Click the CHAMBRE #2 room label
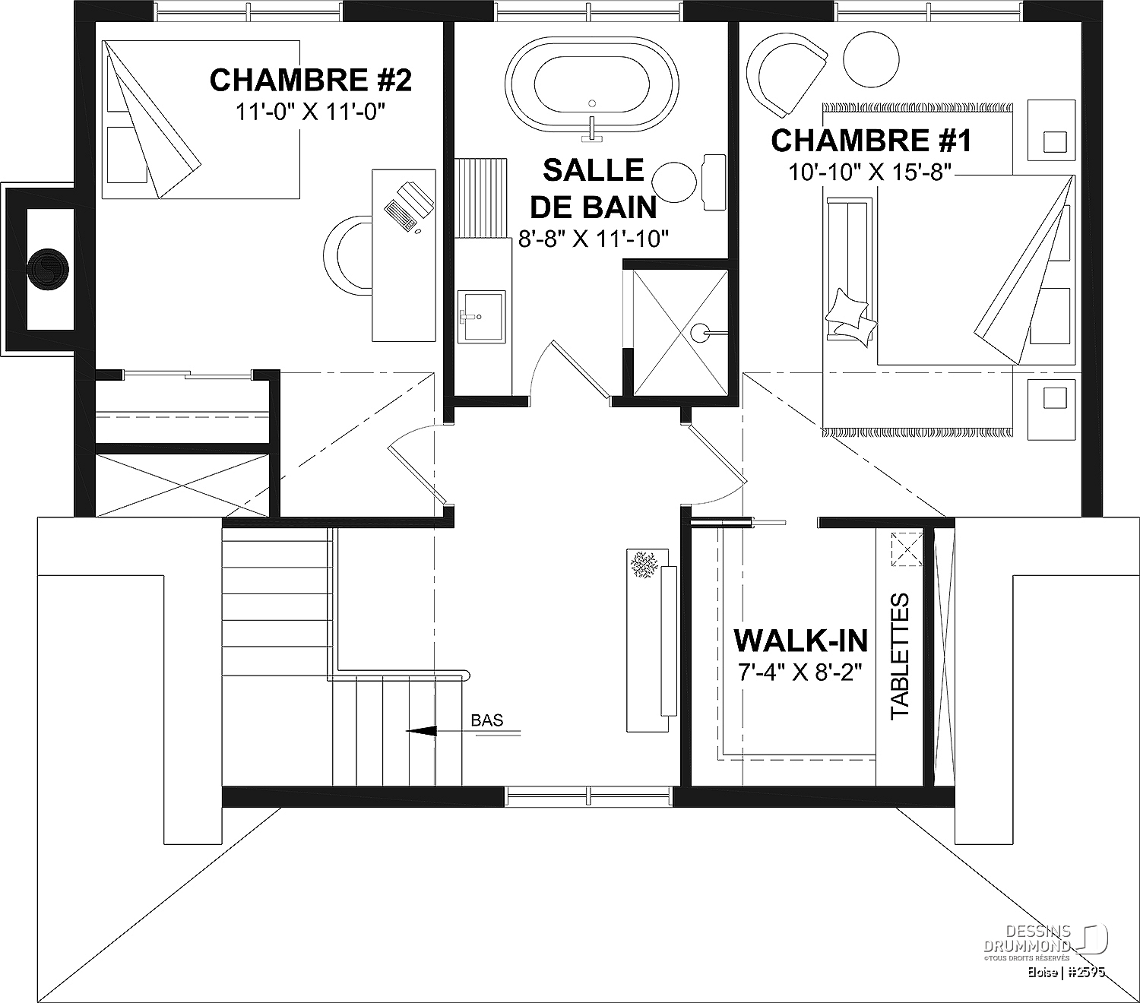[311, 81]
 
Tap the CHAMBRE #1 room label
[871, 141]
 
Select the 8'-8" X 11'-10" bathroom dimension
[593, 240]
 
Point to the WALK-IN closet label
[801, 641]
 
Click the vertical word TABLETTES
[900, 655]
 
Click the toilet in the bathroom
[689, 182]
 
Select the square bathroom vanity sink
[482, 316]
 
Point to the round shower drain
[701, 334]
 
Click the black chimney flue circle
[48, 270]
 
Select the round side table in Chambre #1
[872, 59]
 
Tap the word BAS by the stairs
[486, 720]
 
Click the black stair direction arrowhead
[421, 731]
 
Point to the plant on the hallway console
[647, 565]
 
